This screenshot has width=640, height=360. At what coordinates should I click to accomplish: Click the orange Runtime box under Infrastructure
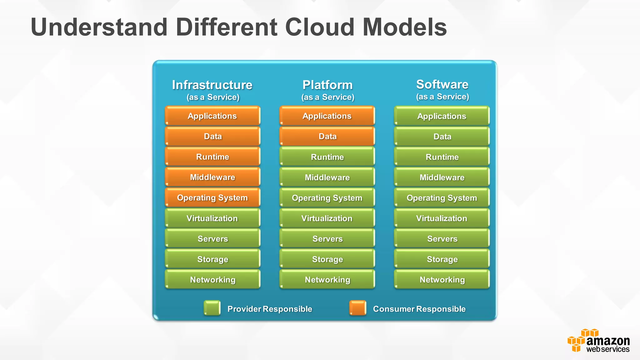coord(212,157)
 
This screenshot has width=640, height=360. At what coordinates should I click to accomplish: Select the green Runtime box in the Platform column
coord(327,157)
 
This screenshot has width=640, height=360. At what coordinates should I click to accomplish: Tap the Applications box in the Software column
coord(442,116)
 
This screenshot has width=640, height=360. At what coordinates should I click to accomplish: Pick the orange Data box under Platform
coord(327,136)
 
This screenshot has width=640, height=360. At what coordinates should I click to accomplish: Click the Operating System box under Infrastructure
coord(212,197)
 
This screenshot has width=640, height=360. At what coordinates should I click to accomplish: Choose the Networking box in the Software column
coord(442,279)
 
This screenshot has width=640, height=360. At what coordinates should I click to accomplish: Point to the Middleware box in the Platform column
coord(327,177)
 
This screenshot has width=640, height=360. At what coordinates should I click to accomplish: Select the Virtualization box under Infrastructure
coord(212,218)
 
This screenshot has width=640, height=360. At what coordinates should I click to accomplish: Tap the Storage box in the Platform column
coord(327,259)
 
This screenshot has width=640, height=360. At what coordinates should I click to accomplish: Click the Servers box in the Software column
coord(442,238)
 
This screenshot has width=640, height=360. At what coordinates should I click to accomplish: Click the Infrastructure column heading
coord(212,85)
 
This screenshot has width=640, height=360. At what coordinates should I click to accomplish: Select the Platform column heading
coord(327,85)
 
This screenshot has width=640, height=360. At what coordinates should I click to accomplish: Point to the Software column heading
coord(442,84)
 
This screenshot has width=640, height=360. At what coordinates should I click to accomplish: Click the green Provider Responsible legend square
coord(212,308)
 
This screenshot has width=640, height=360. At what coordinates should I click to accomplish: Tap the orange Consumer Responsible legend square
coord(358,308)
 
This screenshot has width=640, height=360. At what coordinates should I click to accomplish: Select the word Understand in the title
coord(99,27)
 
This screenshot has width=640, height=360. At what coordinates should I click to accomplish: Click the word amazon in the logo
coord(608,341)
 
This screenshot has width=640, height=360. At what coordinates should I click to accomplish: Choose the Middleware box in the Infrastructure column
coord(212,177)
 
